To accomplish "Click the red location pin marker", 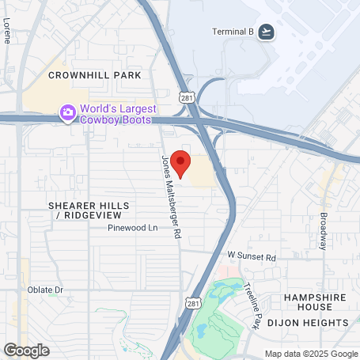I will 180,164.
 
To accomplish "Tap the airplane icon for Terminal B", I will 267,32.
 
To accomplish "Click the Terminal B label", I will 233,32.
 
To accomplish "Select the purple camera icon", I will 68,113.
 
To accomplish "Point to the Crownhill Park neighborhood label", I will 94,75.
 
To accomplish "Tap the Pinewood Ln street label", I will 134,228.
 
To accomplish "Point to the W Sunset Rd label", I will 252,257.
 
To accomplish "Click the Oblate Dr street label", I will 45,290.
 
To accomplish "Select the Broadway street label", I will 323,230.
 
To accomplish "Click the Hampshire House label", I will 316,302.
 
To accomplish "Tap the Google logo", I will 26,350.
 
